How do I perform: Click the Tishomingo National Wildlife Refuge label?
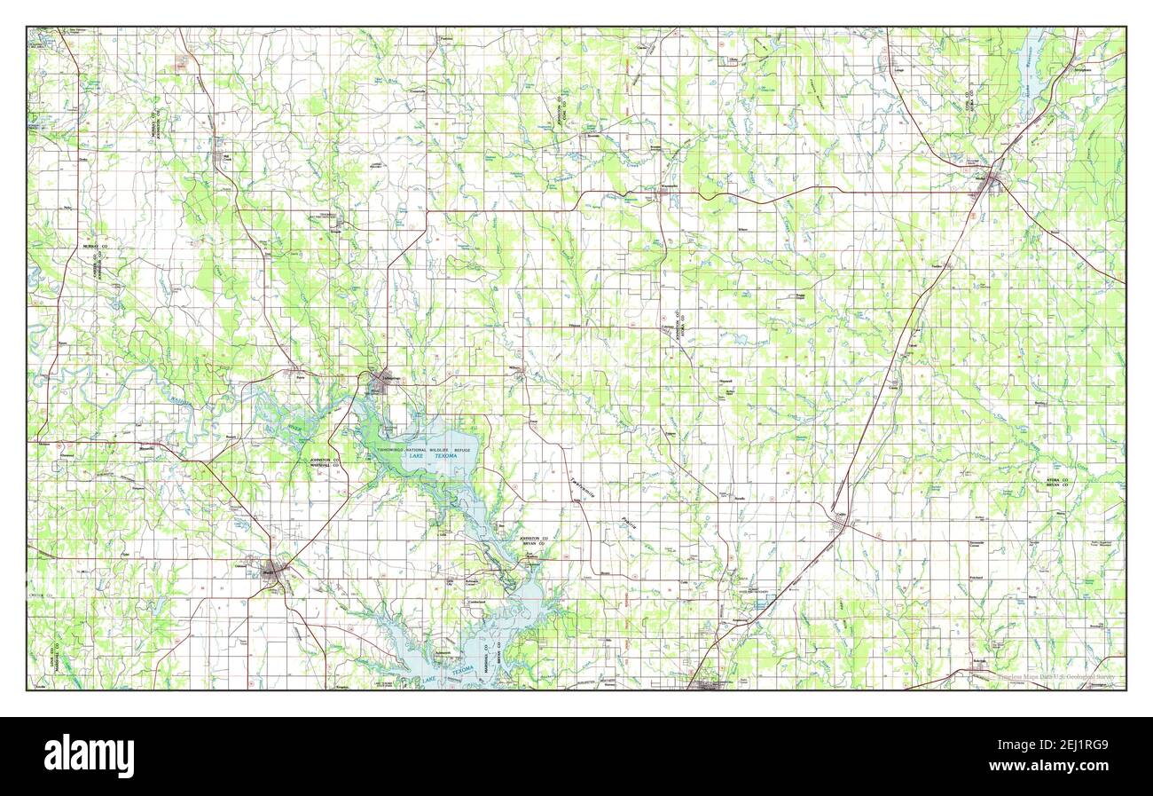pos(426,451)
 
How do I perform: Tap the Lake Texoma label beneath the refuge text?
pos(446,456)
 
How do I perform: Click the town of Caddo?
pos(839,523)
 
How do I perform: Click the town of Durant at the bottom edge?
pos(709,684)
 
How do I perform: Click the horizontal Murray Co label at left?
pos(95,244)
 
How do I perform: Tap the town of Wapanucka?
pos(670,187)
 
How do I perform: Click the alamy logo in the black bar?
pos(89,755)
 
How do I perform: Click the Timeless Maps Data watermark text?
pos(1047,678)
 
